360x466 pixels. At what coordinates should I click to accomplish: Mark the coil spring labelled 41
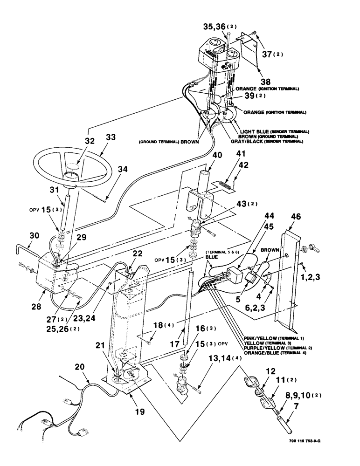(x=226, y=186)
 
